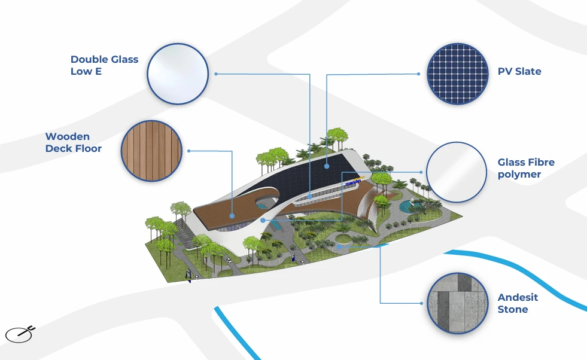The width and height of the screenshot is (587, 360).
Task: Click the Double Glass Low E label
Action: click(105, 65)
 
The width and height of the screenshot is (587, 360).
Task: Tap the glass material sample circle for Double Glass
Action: click(178, 74)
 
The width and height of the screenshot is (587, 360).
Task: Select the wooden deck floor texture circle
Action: click(151, 151)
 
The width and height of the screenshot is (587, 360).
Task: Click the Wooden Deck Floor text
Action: click(74, 142)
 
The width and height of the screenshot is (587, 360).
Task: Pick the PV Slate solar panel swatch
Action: click(458, 74)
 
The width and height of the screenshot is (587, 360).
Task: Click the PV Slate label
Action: click(519, 72)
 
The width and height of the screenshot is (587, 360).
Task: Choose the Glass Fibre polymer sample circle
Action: click(457, 172)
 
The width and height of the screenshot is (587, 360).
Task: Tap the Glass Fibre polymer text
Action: click(526, 168)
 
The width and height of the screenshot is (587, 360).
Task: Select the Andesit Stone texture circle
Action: click(458, 303)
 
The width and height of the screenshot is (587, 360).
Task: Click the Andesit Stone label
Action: click(518, 303)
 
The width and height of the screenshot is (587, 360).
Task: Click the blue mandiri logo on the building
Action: click(354, 182)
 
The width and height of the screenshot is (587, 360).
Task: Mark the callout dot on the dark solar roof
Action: click(327, 166)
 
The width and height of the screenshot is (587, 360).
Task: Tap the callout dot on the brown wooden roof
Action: click(232, 216)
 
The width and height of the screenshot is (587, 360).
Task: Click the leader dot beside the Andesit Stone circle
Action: click(422, 303)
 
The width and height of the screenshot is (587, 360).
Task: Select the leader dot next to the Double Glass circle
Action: click(216, 74)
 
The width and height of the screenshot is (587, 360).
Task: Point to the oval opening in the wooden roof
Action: click(266, 202)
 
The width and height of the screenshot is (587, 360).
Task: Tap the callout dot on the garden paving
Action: click(339, 246)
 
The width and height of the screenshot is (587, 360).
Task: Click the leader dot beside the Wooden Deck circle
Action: click(188, 151)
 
